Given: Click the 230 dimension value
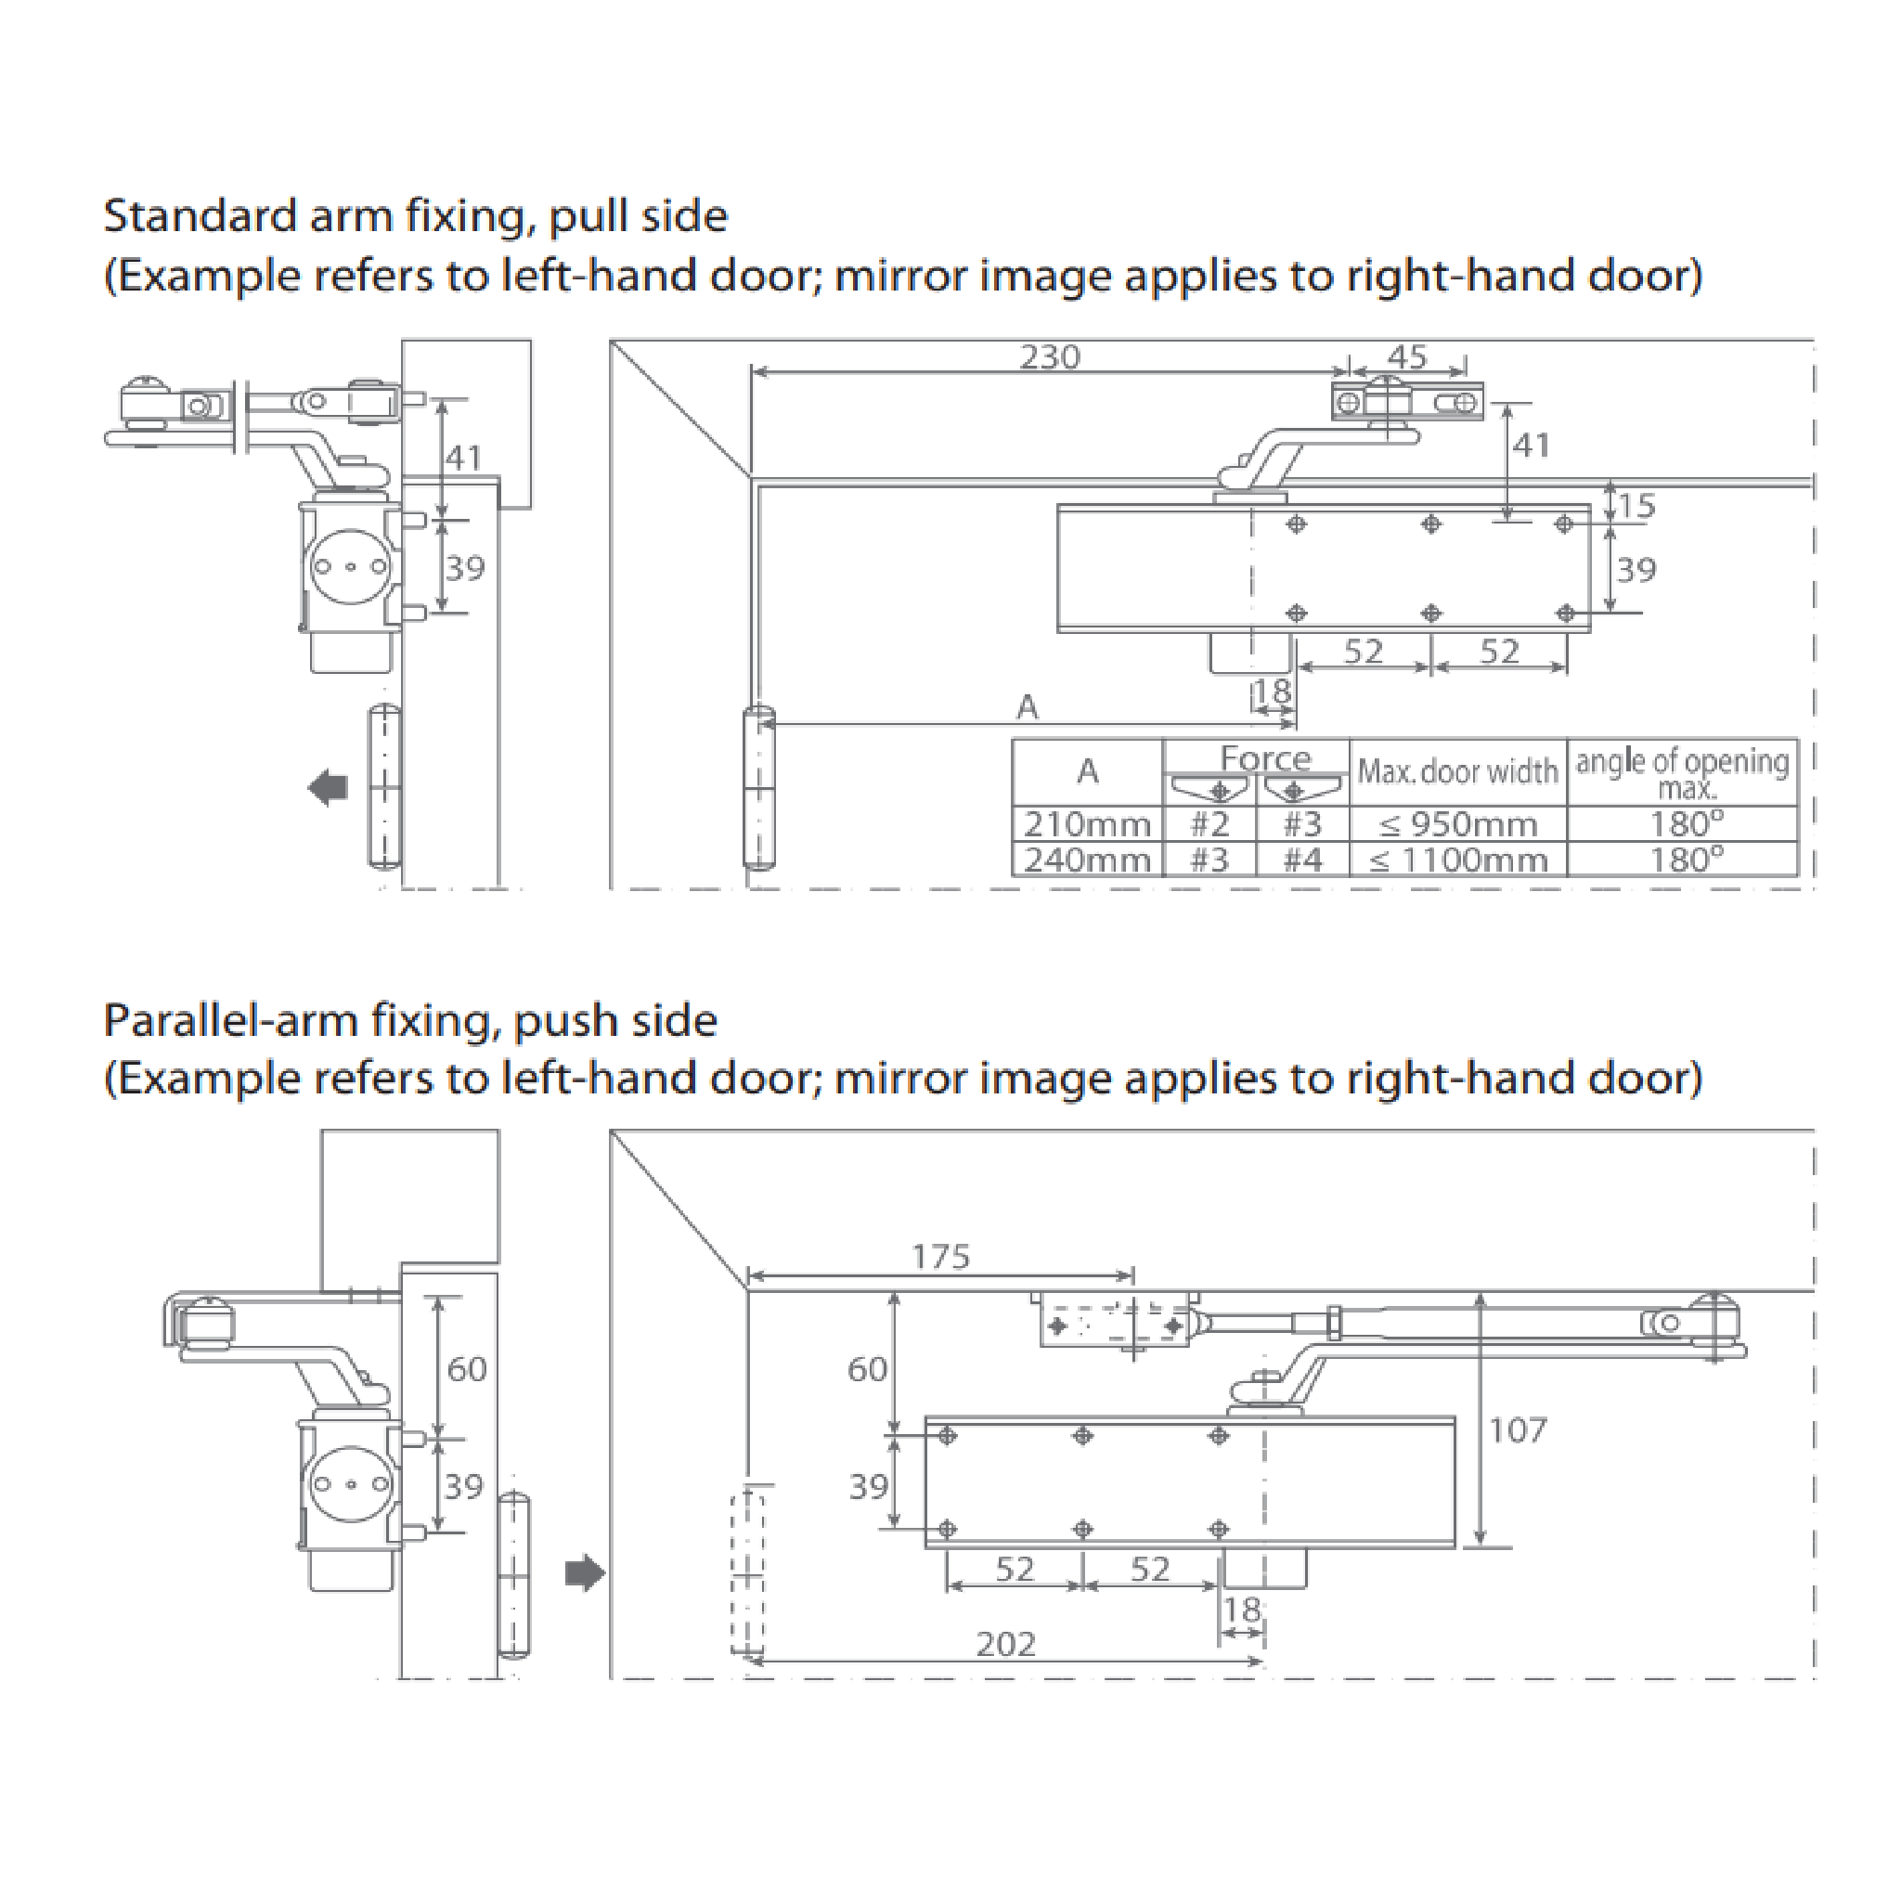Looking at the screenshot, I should (1049, 356).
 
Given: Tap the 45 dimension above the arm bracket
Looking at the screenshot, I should (1407, 356).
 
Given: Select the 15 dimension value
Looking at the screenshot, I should (1636, 506).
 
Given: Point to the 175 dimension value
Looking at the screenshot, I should (940, 1257).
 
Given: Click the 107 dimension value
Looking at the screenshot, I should (1518, 1429).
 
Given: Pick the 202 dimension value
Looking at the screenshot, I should (1005, 1644).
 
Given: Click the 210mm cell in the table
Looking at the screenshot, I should (1086, 823).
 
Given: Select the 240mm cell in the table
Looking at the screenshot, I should (1086, 860).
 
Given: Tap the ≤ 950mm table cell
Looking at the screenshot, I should (1457, 823).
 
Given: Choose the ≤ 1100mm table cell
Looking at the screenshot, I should (1457, 860).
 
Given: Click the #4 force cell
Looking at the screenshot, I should (1301, 860).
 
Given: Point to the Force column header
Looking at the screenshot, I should (1265, 757).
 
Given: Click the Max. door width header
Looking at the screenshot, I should (1457, 771).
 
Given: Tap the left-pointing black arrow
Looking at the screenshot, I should (328, 787).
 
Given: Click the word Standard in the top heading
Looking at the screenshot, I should (200, 215).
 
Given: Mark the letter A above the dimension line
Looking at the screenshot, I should (1028, 706).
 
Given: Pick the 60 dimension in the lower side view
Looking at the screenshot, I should (466, 1369).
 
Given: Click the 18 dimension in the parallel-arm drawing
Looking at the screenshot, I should (1242, 1610).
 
